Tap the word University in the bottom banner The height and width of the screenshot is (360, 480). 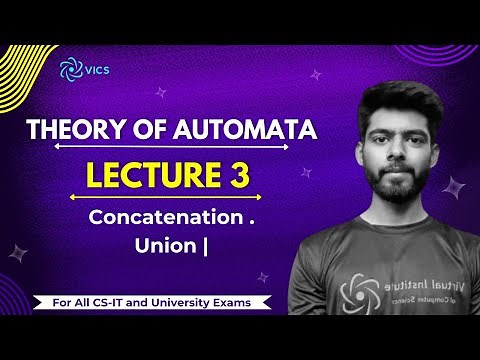click(182, 301)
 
